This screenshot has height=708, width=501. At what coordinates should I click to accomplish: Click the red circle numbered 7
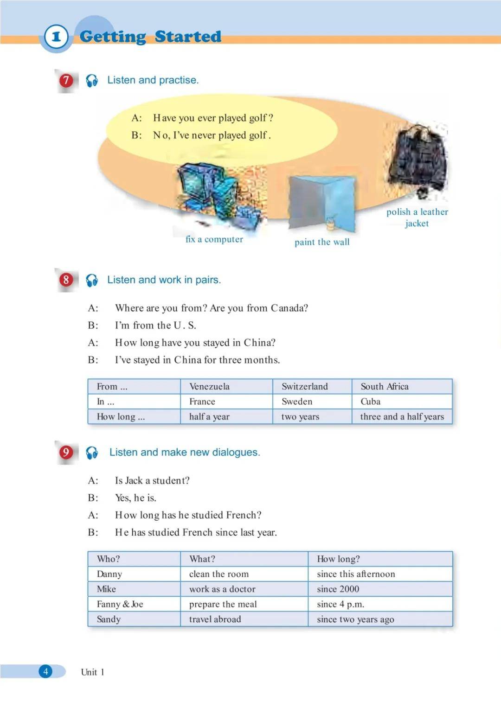click(66, 80)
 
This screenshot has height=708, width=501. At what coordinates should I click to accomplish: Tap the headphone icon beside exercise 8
click(92, 280)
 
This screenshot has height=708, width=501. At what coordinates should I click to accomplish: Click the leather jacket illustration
click(419, 160)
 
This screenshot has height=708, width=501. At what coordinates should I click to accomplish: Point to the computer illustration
click(218, 195)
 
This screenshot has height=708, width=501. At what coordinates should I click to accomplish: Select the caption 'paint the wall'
click(322, 242)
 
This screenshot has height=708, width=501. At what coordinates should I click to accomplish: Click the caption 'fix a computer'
click(214, 239)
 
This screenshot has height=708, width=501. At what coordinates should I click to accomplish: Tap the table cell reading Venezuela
click(209, 387)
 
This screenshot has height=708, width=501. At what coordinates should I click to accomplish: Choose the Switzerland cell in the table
click(304, 387)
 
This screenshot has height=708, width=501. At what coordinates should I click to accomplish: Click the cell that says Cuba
click(370, 402)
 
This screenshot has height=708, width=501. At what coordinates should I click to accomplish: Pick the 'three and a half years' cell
click(402, 417)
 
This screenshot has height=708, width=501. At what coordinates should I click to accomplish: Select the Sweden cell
click(297, 402)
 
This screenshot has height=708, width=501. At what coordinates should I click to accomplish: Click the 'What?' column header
click(202, 559)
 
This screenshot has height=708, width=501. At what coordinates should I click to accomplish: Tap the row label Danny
click(109, 574)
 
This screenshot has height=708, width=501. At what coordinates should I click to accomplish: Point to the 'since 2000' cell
click(338, 589)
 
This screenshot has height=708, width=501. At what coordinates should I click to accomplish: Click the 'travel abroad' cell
click(215, 619)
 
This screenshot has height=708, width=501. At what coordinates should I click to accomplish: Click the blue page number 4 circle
click(45, 671)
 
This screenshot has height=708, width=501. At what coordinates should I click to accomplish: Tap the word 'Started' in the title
click(188, 37)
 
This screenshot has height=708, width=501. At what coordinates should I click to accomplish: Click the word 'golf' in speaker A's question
click(257, 118)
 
